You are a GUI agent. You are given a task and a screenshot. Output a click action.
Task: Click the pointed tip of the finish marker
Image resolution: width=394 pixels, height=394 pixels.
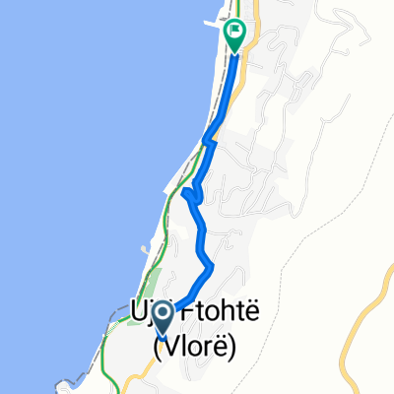point(235,52)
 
